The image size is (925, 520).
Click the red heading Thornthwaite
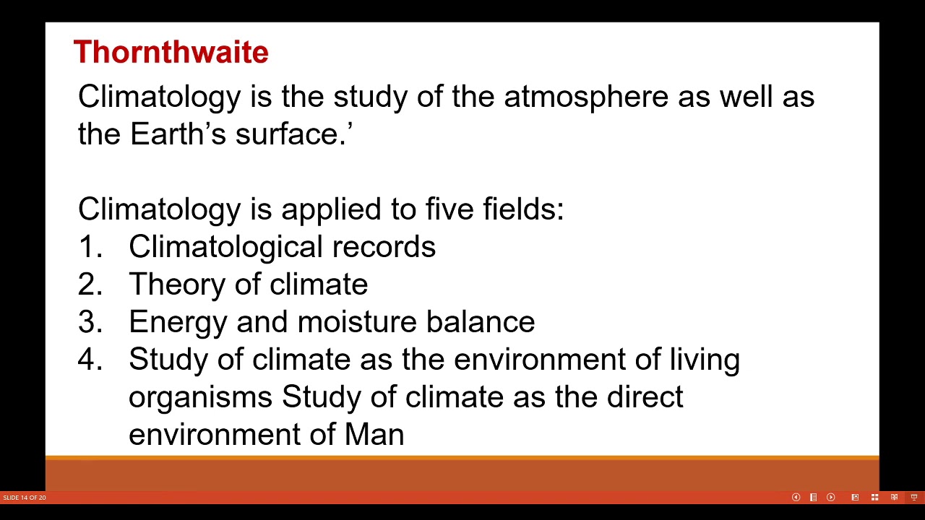pos(171,52)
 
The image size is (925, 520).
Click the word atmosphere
pos(585,97)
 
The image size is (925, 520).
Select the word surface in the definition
pos(290,134)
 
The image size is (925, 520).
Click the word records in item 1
pos(384,247)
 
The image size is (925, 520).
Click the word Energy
pos(178,322)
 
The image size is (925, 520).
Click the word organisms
pos(200,397)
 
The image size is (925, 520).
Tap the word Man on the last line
pos(374,435)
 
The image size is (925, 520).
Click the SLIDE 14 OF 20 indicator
pos(25,498)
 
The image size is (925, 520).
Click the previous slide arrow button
pos(796,497)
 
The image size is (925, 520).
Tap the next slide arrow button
pos(830,497)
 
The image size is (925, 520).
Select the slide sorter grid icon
pos(874,497)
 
